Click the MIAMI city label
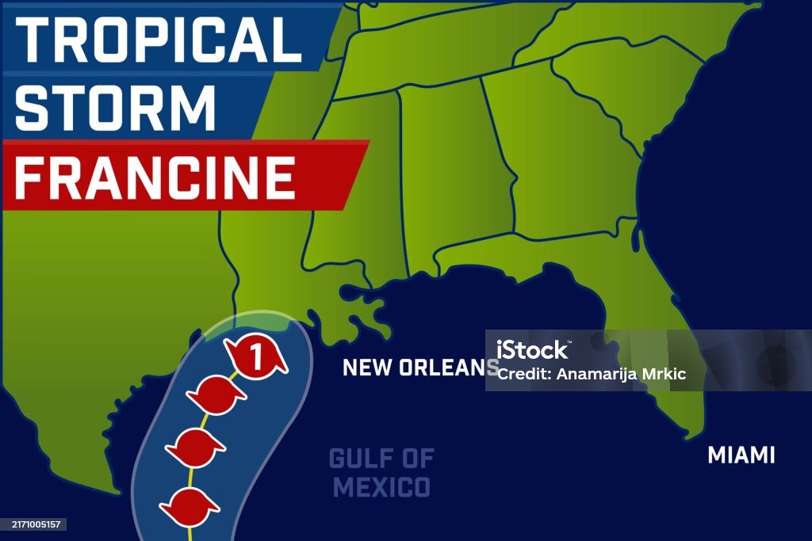coord(741,455)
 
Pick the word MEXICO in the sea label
coord(381,486)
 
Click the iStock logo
coord(533,349)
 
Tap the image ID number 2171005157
coord(33,524)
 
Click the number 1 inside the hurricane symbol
coord(255,356)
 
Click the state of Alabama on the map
coord(444,174)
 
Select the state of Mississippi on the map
coord(357,182)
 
